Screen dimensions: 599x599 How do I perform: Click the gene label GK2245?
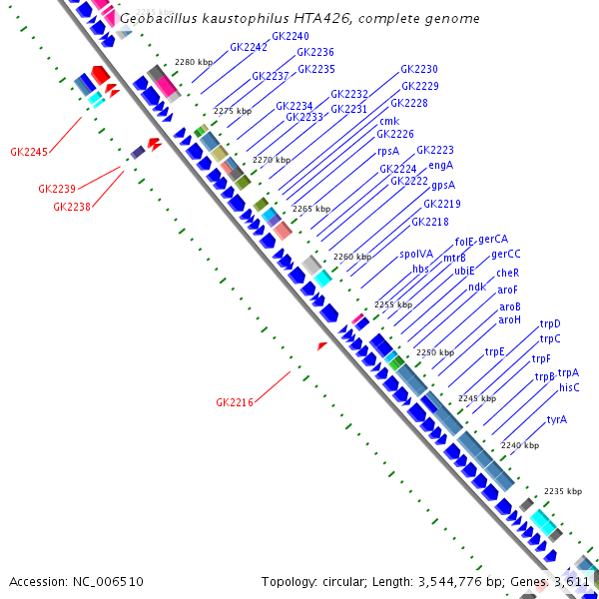point(29,153)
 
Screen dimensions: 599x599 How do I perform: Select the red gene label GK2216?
point(235,402)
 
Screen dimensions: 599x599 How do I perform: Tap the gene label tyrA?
point(556,419)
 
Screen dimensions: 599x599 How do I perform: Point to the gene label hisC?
point(569,387)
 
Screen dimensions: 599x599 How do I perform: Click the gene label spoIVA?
point(416,255)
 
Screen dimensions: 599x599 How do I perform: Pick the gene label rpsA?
point(388,151)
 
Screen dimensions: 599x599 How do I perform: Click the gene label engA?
point(441,165)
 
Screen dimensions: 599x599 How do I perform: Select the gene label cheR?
point(507,273)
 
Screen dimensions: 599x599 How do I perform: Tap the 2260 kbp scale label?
point(351,257)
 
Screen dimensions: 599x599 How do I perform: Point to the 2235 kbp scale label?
point(562,491)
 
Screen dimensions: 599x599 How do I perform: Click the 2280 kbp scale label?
point(193,62)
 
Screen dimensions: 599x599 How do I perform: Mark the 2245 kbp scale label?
point(476,398)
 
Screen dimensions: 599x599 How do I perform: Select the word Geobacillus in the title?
point(155,19)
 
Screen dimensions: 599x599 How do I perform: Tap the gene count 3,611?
point(573,581)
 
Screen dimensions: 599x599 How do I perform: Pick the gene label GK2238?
point(72,207)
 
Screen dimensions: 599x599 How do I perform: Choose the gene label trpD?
point(550,323)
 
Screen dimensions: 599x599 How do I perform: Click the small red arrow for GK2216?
point(321,345)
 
